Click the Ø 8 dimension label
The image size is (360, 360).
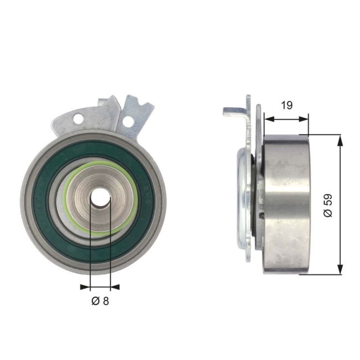100,301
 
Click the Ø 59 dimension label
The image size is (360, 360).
328,205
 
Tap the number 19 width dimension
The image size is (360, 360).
287,105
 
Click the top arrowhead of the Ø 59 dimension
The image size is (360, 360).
340,139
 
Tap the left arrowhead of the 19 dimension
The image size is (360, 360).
268,118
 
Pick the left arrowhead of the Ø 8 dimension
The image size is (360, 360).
84,287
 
